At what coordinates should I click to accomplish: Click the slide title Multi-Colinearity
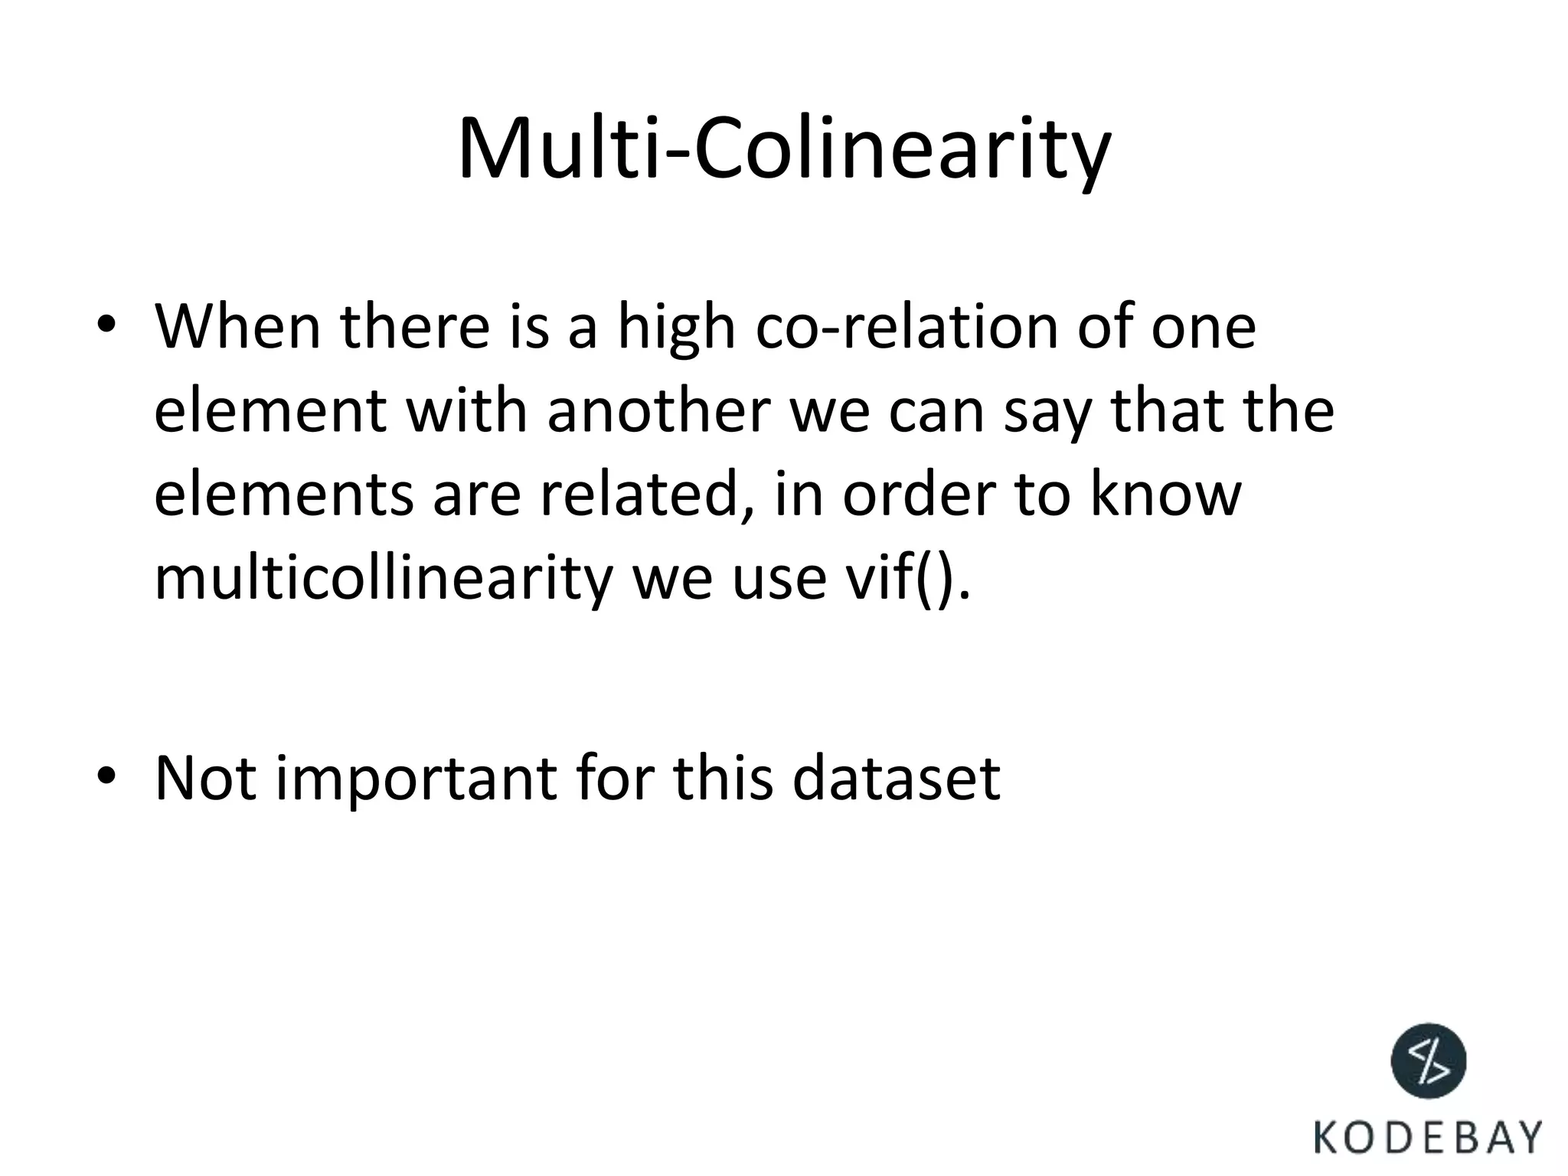(x=783, y=149)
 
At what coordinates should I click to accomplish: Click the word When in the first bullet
(x=237, y=327)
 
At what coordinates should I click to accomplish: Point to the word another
(x=658, y=411)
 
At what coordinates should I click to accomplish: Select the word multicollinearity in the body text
(x=383, y=579)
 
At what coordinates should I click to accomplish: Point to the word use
(x=778, y=579)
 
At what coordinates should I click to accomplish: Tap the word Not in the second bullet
(x=205, y=779)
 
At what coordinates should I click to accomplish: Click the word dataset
(x=895, y=779)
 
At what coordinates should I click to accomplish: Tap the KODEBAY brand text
(x=1428, y=1138)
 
